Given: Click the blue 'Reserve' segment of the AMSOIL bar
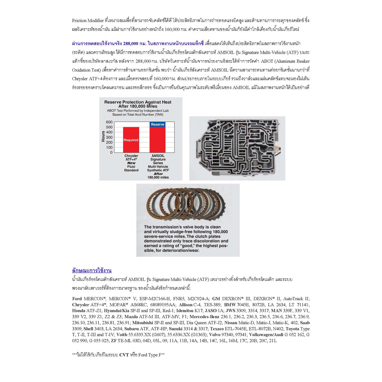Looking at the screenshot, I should [x=157, y=124].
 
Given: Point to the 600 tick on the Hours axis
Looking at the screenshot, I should [x=109, y=122].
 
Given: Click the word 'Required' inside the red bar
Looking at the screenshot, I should [x=131, y=140].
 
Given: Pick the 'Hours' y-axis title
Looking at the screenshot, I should [x=103, y=137].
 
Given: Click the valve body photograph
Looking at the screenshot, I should [x=237, y=148].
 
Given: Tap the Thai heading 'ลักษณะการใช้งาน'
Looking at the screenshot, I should [x=92, y=270].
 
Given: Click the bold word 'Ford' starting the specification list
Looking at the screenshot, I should [x=77, y=299].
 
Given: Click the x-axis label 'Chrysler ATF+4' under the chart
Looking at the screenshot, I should [x=131, y=158].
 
